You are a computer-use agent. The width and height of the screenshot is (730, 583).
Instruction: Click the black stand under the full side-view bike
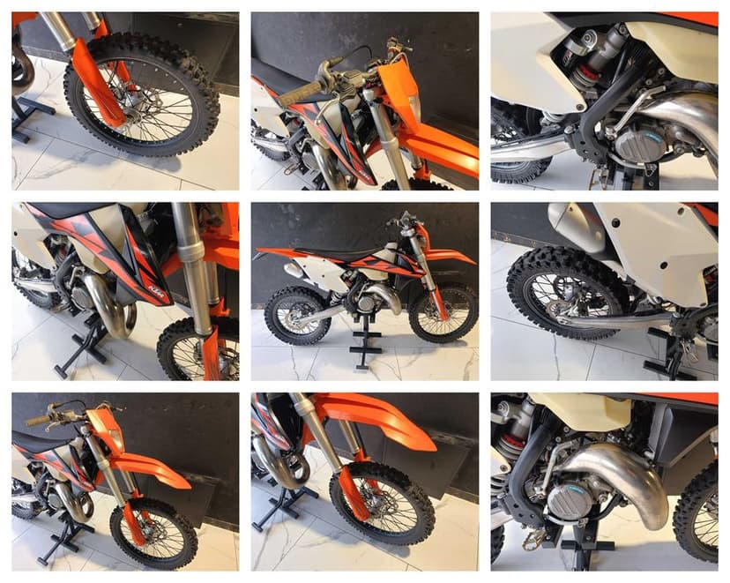pos(364,340)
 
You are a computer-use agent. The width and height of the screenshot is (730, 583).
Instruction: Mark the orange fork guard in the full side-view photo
pos(435,295)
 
